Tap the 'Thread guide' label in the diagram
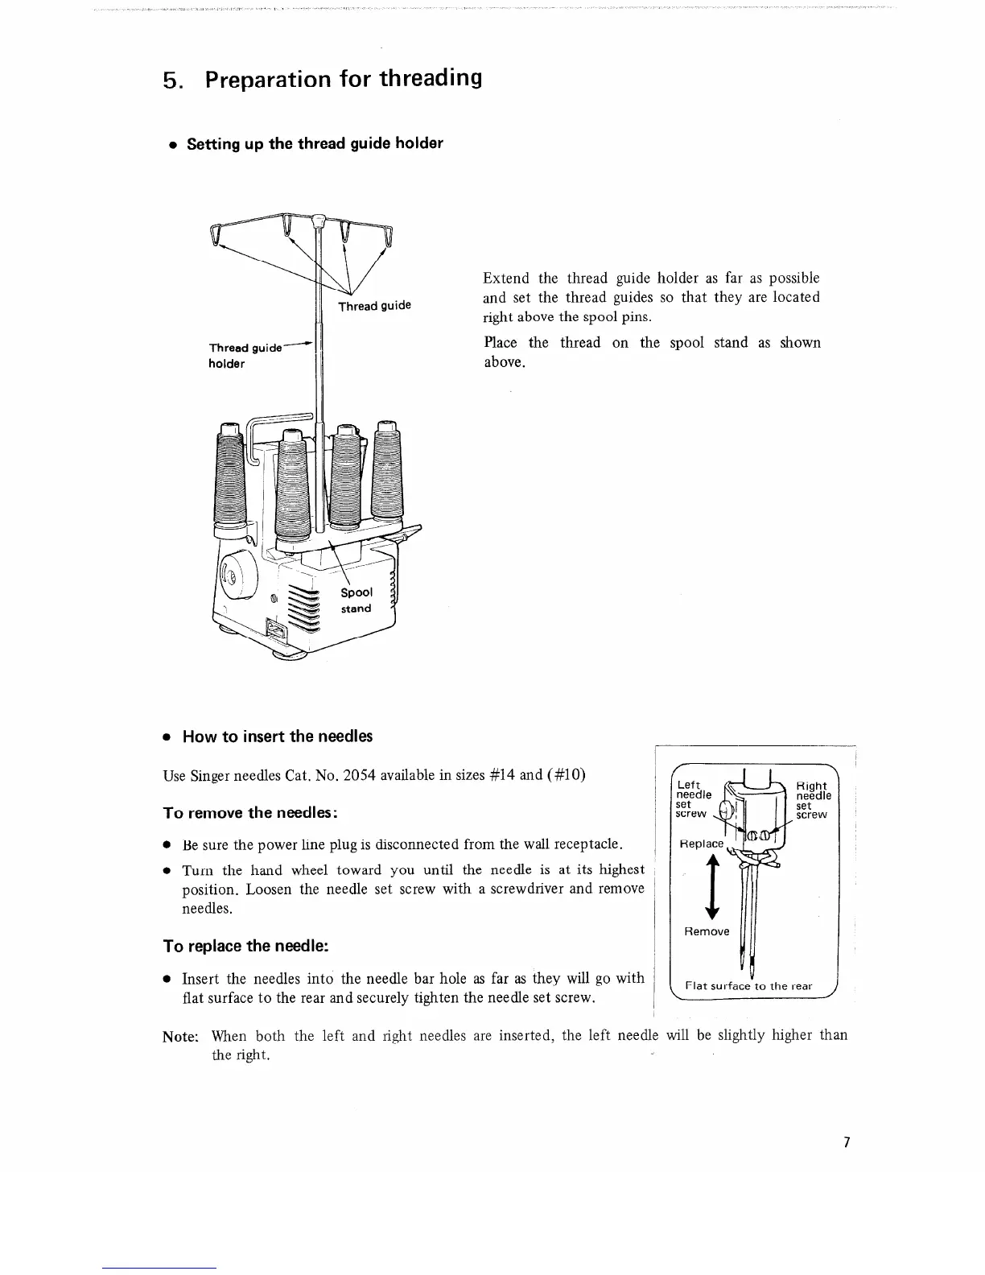tap(374, 306)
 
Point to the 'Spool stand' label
tap(356, 600)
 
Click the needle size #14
tap(501, 776)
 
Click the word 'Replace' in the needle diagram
tap(702, 844)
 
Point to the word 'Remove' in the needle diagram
tap(707, 931)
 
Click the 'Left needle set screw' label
tap(693, 798)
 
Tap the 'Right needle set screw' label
tap(812, 800)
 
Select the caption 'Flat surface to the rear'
tap(748, 986)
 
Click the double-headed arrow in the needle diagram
tap(711, 886)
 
